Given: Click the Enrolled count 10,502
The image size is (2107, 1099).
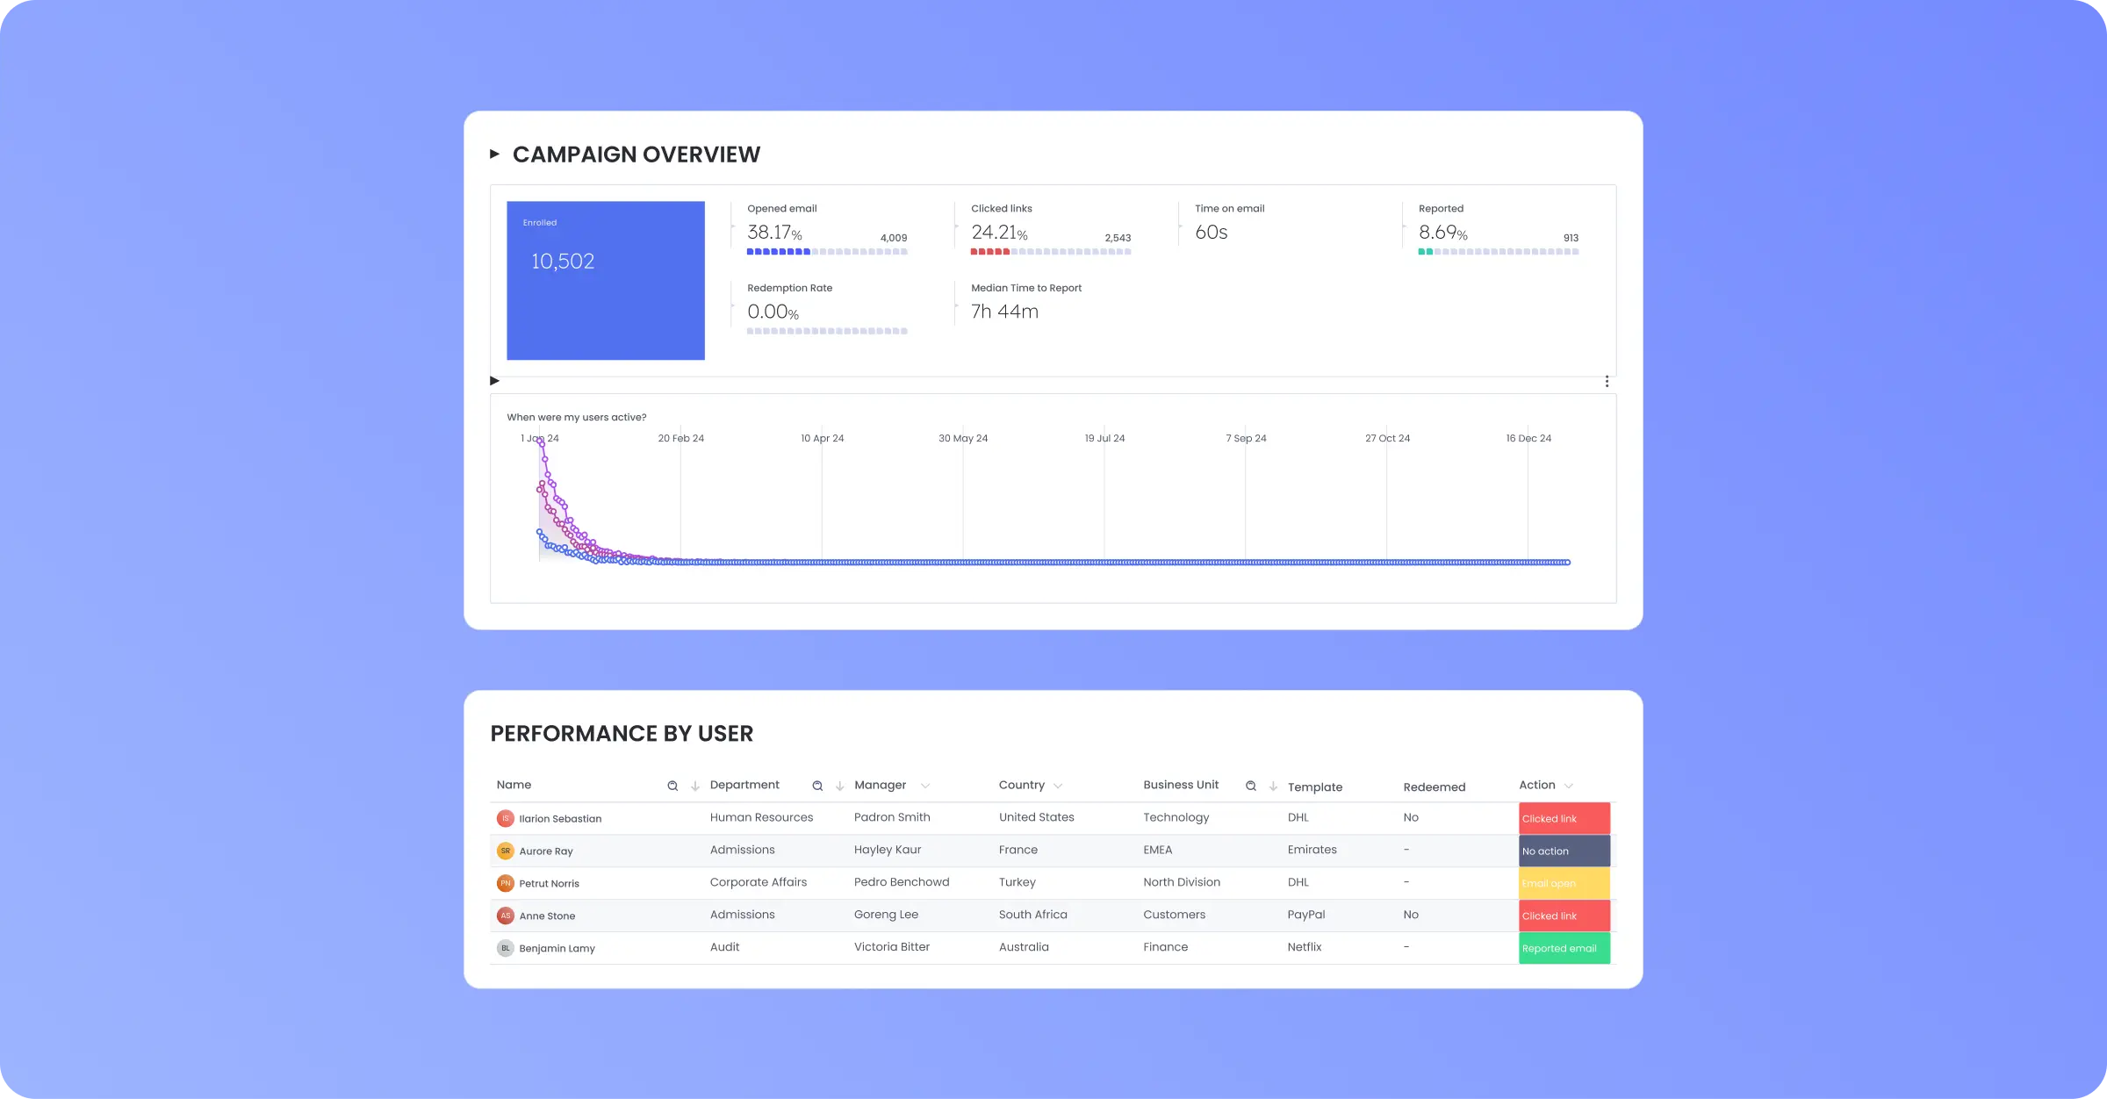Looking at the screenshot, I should click(x=563, y=262).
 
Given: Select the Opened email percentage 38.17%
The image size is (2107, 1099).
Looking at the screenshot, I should click(x=773, y=233).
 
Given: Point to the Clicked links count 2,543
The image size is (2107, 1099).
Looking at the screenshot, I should click(x=1117, y=238).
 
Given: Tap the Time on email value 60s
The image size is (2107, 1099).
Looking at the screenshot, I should click(x=1211, y=233).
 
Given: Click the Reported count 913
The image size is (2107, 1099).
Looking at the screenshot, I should click(x=1571, y=238).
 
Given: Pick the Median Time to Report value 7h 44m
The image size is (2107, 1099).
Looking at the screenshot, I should click(x=1004, y=312).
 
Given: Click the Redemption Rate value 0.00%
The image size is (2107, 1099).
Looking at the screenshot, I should click(x=773, y=312).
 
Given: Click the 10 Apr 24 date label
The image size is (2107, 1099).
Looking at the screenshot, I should click(x=822, y=438).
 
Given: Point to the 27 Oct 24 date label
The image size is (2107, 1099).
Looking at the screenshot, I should click(x=1387, y=438).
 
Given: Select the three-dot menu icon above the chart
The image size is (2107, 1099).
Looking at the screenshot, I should click(x=1607, y=381).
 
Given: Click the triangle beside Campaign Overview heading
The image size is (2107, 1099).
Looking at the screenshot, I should click(x=495, y=154).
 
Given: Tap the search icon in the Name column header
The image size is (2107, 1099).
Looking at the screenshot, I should click(x=672, y=786).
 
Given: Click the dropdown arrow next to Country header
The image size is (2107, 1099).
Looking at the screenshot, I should click(x=1058, y=786).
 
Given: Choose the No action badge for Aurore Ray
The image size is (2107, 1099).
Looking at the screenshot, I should click(x=1564, y=851).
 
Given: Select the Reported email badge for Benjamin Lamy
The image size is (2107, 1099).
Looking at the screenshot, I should click(x=1564, y=948).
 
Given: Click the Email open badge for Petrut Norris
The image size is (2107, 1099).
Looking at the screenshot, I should click(x=1564, y=883).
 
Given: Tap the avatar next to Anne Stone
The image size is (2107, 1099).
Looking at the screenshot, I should click(x=506, y=916).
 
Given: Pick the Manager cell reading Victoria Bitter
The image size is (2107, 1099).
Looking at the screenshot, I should click(x=891, y=947).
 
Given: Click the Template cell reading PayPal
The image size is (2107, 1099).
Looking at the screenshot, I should click(x=1305, y=915).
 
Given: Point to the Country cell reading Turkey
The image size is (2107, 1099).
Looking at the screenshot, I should click(x=1017, y=882).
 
